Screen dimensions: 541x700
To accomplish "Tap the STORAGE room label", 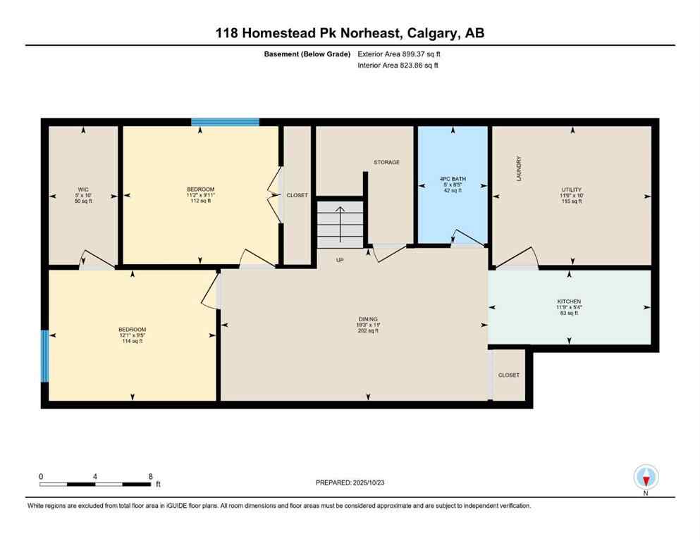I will tap(386, 162).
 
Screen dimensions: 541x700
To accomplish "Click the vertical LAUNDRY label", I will tap(519, 169).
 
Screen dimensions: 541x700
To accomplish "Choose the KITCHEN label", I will tap(568, 301).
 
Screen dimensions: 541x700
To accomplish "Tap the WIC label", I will tap(82, 189).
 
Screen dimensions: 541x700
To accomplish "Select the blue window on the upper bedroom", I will tap(226, 122).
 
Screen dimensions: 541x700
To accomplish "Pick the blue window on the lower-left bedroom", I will tap(45, 356).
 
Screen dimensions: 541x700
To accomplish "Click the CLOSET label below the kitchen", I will tap(508, 375).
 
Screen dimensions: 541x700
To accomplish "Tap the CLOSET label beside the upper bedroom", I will tap(297, 195).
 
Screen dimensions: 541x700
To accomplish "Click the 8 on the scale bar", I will tap(150, 476).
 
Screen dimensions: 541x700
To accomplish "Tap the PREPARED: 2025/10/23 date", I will tap(350, 483).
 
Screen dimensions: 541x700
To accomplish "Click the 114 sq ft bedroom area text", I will tap(132, 342).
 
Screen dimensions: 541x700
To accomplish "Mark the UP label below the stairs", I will tap(340, 260).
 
